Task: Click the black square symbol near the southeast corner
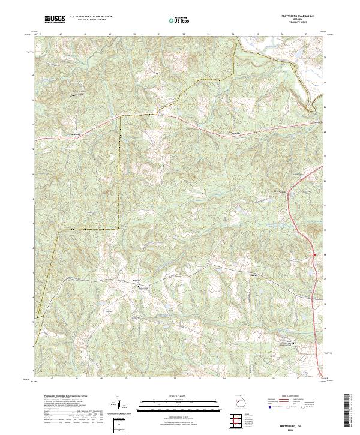click(x=293, y=343)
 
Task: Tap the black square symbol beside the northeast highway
click(x=304, y=175)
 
